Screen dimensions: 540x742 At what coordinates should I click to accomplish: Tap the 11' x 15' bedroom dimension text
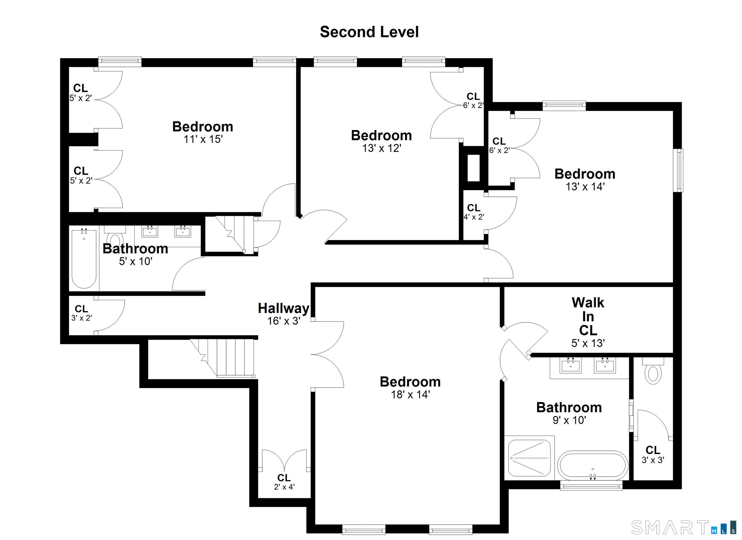(203, 139)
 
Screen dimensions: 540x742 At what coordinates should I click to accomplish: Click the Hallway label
(283, 308)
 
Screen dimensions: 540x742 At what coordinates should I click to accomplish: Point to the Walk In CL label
(588, 317)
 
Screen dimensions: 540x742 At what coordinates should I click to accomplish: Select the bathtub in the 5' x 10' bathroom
(84, 259)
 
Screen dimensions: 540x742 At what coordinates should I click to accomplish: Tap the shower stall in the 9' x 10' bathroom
(529, 458)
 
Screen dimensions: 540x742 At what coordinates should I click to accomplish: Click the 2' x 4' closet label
(284, 482)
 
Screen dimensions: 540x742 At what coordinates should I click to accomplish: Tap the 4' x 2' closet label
(474, 212)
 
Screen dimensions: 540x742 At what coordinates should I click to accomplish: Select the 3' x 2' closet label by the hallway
(81, 313)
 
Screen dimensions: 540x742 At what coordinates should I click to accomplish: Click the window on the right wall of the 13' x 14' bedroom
(680, 170)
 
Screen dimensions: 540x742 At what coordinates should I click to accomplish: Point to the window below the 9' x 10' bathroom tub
(591, 486)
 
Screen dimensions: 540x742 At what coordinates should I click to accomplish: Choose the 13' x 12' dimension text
(381, 149)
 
